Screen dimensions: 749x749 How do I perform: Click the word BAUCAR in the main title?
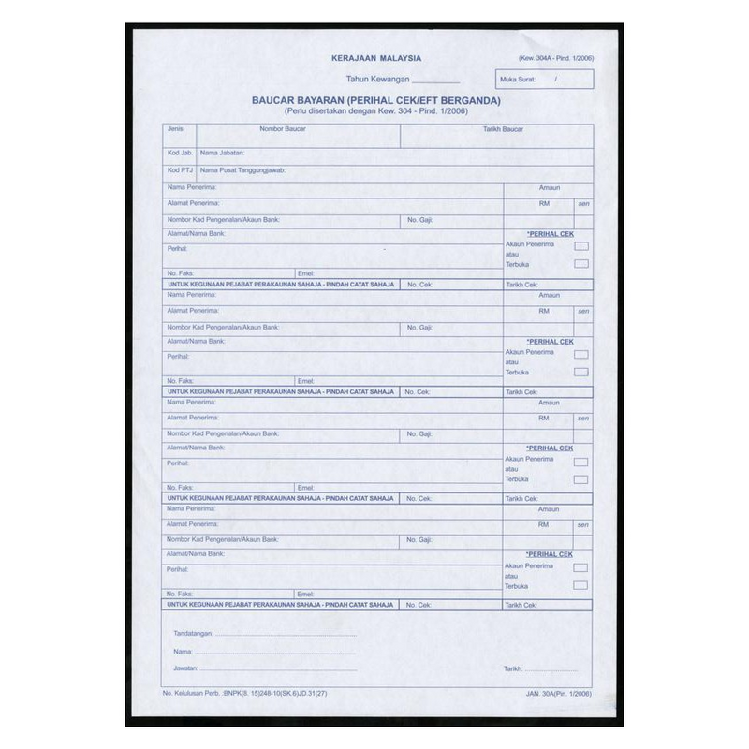click(277, 100)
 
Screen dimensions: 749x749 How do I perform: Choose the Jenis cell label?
click(175, 127)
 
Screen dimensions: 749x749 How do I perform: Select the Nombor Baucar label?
click(283, 127)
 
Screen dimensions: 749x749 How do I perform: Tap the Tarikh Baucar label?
click(503, 127)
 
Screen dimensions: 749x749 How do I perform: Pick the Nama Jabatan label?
click(222, 150)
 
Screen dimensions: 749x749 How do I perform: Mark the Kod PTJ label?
click(180, 170)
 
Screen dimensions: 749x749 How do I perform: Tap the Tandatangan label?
click(193, 634)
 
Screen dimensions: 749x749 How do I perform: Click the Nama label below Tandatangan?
click(183, 651)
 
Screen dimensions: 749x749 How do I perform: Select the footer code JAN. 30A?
click(541, 694)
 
